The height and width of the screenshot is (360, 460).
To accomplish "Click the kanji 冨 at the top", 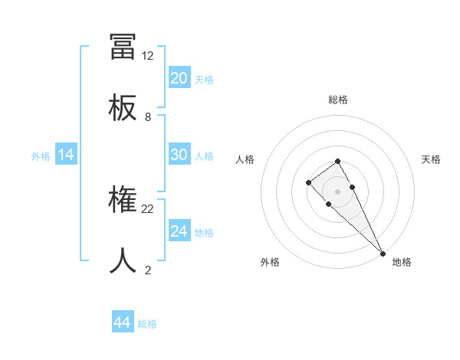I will pos(123,46).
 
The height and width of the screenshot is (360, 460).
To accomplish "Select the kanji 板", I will pos(123,108).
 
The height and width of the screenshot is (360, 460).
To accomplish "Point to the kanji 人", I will pos(123,261).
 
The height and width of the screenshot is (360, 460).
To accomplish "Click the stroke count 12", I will pos(148,56).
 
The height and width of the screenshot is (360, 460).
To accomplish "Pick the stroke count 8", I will pos(148,117).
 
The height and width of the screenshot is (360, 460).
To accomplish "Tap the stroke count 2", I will pos(148,270).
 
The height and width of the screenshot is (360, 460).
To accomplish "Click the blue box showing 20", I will pos(179,78).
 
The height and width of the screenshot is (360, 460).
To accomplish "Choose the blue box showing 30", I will pos(179,155).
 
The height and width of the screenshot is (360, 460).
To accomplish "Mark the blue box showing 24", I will pos(179,231).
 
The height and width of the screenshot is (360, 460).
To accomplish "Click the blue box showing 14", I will pos(65,155).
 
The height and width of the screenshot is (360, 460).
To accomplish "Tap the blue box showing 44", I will pos(122,323).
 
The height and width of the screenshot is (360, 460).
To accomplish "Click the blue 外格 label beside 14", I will pos(41,156).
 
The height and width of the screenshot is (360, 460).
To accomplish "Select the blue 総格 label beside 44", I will pos(147,324).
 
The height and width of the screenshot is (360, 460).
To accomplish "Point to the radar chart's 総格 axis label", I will pos(338,100).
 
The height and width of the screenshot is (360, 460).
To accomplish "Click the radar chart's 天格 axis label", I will pos(431,159).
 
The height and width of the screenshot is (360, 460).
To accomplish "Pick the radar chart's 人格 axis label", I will pos(245,159).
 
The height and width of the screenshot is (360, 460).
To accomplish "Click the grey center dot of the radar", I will pos(338,191).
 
